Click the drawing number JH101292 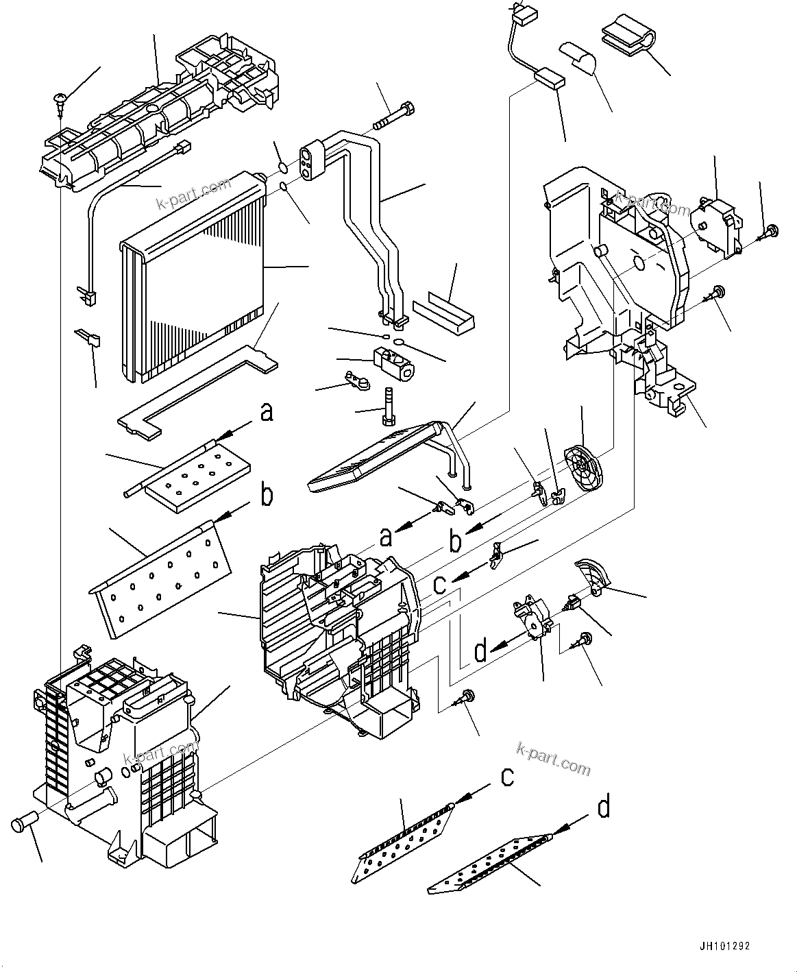coord(724,946)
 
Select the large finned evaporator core coord(192,274)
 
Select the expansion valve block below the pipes coord(393,361)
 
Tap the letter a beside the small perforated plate coord(266,413)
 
